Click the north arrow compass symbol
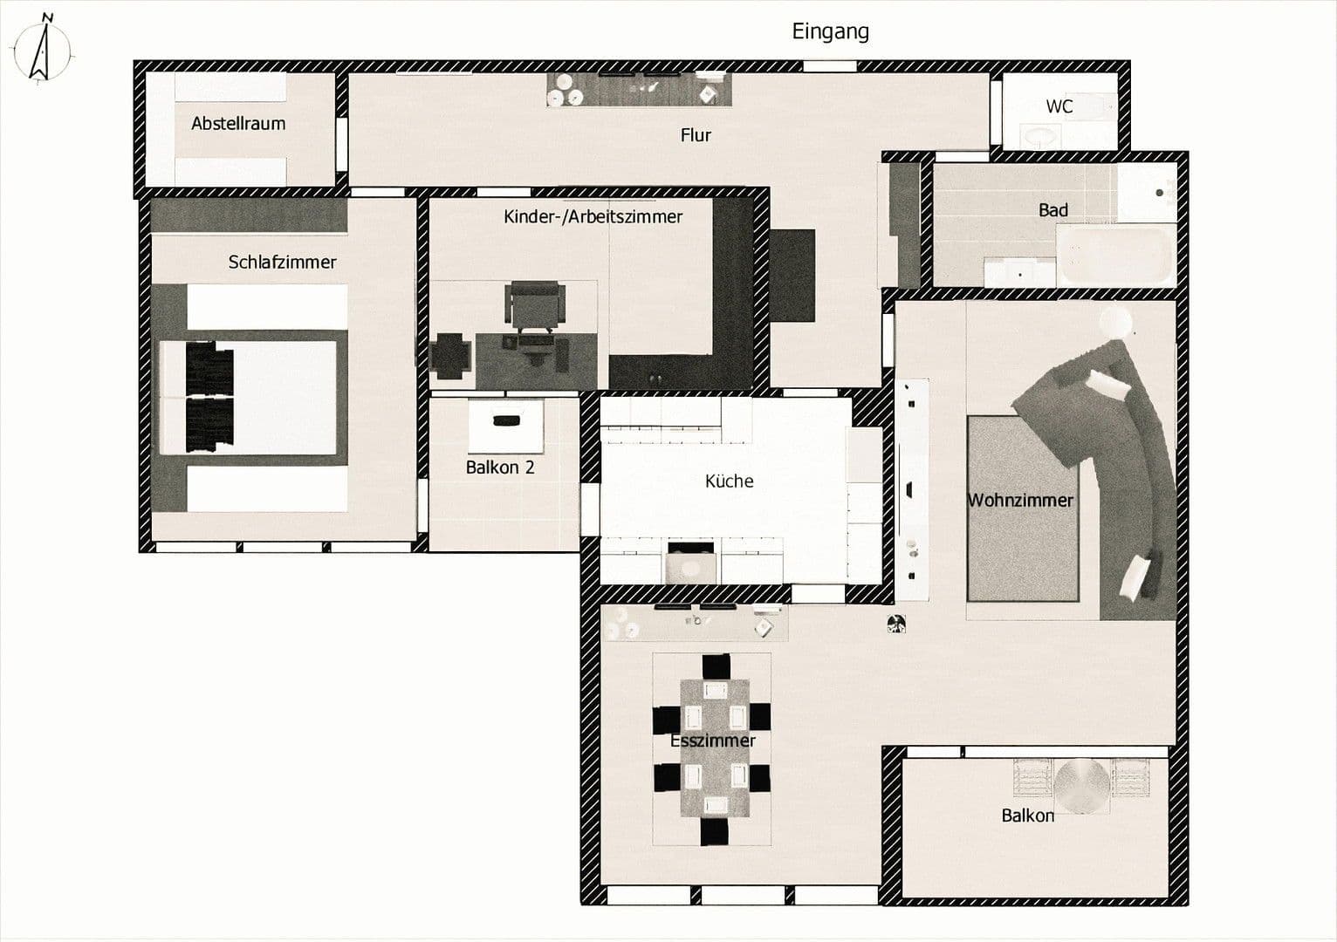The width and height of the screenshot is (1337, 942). click(40, 50)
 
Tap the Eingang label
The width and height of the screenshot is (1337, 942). click(830, 31)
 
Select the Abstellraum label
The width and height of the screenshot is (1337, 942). click(238, 124)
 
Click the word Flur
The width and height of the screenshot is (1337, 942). click(696, 135)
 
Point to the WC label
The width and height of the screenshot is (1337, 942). click(1059, 106)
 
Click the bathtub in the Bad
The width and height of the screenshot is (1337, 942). click(1114, 255)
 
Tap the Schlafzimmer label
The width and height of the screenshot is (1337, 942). click(282, 262)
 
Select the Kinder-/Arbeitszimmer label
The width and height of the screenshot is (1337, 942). click(593, 216)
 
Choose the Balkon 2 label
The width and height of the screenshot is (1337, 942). click(499, 468)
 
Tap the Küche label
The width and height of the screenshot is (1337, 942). click(729, 481)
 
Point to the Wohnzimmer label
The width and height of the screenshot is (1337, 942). click(1019, 501)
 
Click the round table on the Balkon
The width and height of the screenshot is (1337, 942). click(1081, 785)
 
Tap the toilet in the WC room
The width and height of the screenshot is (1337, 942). click(1039, 136)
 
